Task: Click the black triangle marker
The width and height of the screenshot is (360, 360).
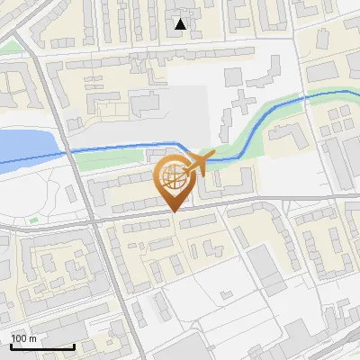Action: [x=181, y=24]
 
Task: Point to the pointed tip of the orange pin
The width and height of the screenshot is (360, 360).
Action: [x=174, y=211]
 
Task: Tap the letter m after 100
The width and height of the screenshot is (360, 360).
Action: [x=33, y=338]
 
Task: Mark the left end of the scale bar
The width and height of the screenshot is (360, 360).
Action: [x=11, y=346]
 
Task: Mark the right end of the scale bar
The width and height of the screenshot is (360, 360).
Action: [x=74, y=346]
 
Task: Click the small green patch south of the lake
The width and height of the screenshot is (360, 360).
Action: [x=33, y=218]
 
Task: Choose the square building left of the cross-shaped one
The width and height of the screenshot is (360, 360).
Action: [x=233, y=75]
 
